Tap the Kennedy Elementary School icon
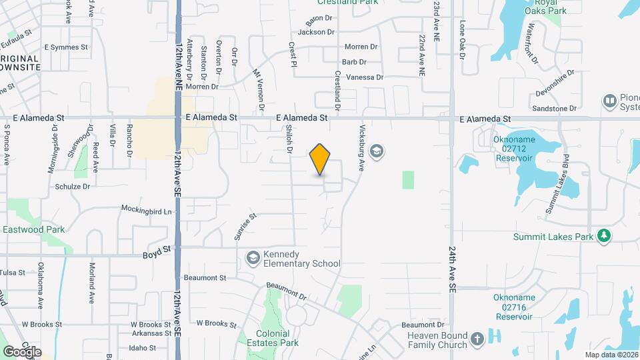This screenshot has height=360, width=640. [253, 257]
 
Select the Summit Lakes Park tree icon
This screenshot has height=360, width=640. [604, 236]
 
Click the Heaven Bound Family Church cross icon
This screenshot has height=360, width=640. [477, 339]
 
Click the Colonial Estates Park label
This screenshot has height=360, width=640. [277, 338]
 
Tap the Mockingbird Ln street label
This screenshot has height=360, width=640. [146, 209]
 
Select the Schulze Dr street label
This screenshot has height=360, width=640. [72, 187]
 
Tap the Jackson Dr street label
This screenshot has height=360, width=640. [316, 31]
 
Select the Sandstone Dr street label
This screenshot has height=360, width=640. [554, 108]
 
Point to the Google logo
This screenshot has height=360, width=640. [22, 351]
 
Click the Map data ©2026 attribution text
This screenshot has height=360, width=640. [611, 355]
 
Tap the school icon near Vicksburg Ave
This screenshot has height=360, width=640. [377, 152]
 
